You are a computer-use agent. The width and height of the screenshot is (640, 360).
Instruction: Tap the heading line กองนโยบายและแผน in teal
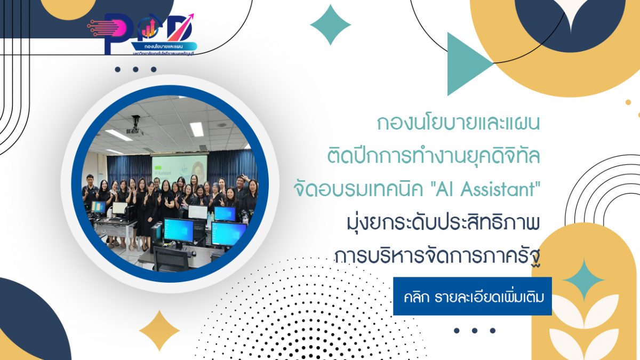click(458, 124)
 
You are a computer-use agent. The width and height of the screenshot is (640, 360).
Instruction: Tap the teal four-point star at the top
click(330, 25)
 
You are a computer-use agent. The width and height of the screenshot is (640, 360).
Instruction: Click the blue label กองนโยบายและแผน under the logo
click(159, 47)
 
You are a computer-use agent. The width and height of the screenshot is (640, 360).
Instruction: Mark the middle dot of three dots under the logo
click(135, 69)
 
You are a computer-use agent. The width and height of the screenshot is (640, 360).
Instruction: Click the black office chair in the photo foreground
click(171, 258)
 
